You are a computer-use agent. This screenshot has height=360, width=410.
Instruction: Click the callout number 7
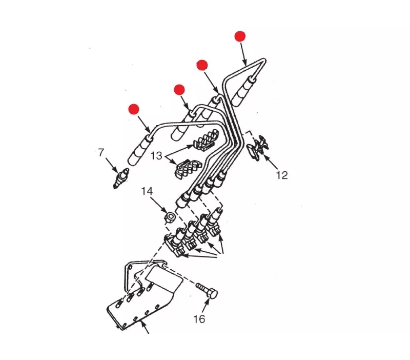101,152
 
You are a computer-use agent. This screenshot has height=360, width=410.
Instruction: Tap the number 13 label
156,156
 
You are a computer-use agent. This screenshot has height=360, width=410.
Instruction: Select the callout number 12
282,175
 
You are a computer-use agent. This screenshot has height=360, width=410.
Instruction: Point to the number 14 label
147,191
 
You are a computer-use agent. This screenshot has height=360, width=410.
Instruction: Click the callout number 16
199,319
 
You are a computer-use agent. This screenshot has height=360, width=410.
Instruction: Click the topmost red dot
240,36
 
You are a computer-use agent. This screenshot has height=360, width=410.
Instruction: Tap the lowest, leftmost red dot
134,109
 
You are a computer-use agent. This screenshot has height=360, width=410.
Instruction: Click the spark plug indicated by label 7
121,178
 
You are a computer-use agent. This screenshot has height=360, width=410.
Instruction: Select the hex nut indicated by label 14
170,217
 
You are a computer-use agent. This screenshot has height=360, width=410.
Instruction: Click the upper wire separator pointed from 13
207,140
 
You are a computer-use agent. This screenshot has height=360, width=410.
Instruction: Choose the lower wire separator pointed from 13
188,168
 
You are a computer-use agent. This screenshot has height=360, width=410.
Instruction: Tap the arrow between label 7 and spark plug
112,165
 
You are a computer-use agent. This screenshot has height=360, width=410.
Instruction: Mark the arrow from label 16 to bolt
206,306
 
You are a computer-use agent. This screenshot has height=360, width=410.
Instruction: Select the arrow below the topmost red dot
243,54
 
